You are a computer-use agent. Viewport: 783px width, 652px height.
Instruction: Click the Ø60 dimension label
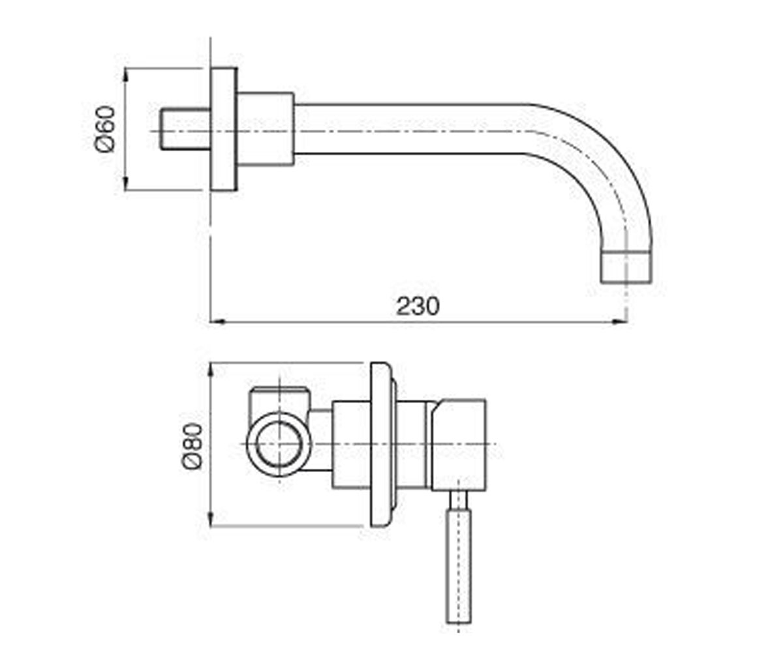point(105,129)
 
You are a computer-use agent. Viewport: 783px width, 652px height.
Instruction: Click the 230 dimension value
point(418,306)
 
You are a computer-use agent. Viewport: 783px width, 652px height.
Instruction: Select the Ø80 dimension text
point(192,446)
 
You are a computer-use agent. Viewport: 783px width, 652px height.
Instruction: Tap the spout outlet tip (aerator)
point(626,267)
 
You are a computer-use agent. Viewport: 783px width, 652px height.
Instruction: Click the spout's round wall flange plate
point(224,129)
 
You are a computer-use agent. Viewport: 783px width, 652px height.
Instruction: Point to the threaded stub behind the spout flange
point(185,129)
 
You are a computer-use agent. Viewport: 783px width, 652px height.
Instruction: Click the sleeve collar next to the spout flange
point(266,129)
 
